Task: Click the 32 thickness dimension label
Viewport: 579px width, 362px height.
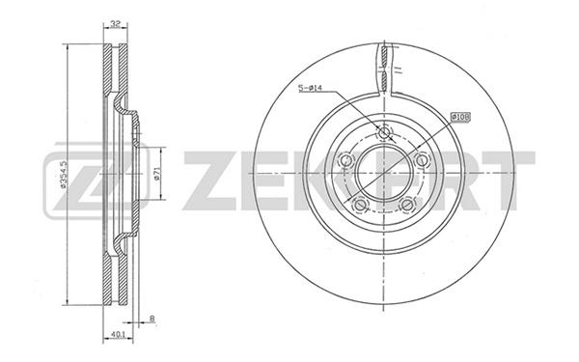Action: coord(116,25)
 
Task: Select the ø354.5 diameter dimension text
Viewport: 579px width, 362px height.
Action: coord(63,175)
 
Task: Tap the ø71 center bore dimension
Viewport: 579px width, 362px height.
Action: coord(156,174)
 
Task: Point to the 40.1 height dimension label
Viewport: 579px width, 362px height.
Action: coord(117,335)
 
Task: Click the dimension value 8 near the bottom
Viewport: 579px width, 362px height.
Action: coord(152,319)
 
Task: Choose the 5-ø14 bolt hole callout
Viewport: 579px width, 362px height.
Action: coord(310,88)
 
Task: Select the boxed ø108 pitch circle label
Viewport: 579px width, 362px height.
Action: coord(460,118)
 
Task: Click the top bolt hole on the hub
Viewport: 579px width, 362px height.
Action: coord(384,132)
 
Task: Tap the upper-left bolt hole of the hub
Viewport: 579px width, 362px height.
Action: coord(346,160)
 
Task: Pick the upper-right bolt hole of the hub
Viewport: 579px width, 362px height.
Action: coord(422,160)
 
